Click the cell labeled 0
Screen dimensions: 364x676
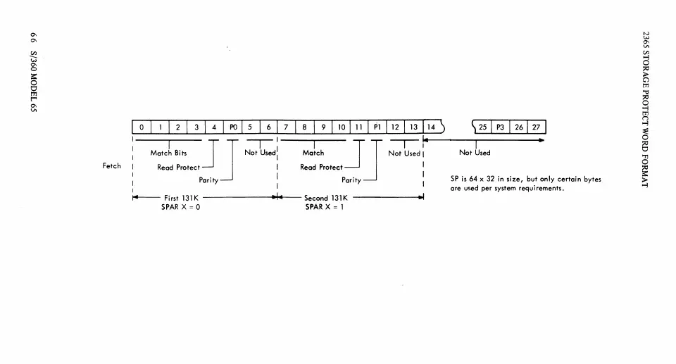coord(142,127)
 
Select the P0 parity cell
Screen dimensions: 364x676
coord(233,127)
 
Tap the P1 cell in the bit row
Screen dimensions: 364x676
coord(377,127)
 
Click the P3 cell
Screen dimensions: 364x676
coord(501,127)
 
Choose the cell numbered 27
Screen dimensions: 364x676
coord(537,127)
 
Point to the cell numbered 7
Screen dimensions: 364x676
coord(287,127)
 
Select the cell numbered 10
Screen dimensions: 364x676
coord(341,127)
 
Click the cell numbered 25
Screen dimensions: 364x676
coord(482,127)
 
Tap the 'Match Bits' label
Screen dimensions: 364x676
coord(168,153)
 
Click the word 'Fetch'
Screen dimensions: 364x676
coord(112,166)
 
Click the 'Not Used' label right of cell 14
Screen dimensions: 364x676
coord(475,153)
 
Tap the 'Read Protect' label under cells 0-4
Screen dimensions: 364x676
coord(178,168)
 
